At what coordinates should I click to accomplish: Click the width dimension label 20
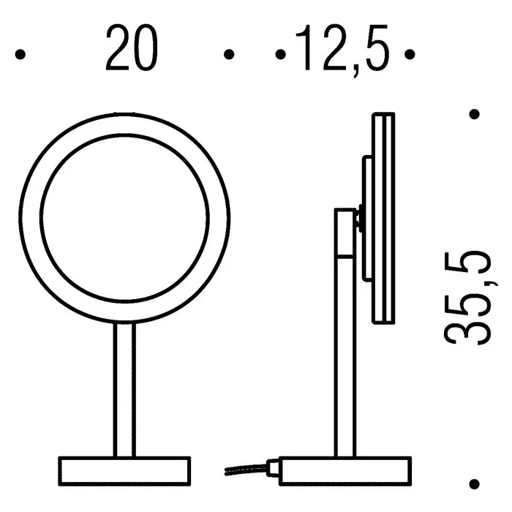(132, 48)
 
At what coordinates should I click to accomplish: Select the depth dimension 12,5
(342, 50)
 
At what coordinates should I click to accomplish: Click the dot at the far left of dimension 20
(20, 54)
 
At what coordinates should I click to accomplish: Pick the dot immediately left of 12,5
(280, 54)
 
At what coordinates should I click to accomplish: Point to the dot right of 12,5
(410, 54)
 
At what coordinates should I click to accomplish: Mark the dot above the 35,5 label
(474, 114)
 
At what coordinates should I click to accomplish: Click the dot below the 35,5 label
(474, 484)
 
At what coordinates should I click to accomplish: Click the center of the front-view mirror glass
(124, 217)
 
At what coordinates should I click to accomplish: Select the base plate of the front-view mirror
(124, 471)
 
